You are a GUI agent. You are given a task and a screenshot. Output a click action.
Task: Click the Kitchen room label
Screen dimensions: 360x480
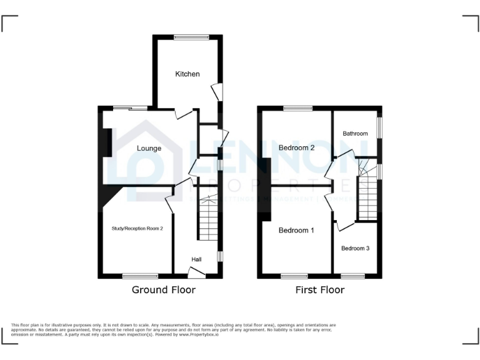click(187, 74)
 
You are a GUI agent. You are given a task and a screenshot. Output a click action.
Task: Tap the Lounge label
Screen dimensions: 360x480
click(149, 149)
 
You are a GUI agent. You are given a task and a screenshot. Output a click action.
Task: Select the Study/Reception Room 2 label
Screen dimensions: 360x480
click(137, 229)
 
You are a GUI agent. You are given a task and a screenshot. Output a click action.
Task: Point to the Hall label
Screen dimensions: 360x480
click(196, 259)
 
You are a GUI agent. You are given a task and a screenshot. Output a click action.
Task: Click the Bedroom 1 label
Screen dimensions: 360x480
click(296, 231)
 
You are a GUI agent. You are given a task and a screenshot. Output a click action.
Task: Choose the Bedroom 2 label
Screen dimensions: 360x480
click(296, 148)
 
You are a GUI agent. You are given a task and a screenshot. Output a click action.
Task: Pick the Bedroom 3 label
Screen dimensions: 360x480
click(355, 248)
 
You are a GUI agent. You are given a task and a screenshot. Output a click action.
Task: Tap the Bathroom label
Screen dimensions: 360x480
click(355, 134)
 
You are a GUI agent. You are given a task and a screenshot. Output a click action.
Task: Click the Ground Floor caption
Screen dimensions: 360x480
click(163, 290)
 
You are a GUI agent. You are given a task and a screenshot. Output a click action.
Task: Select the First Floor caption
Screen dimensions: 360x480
click(320, 290)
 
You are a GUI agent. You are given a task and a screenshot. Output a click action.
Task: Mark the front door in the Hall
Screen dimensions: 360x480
click(196, 272)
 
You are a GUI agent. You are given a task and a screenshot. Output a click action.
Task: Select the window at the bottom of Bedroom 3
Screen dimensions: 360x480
click(352, 276)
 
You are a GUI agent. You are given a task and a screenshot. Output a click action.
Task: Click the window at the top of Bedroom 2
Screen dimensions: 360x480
click(293, 109)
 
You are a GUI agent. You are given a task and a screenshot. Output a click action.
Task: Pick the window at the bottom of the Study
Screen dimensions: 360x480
click(136, 276)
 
